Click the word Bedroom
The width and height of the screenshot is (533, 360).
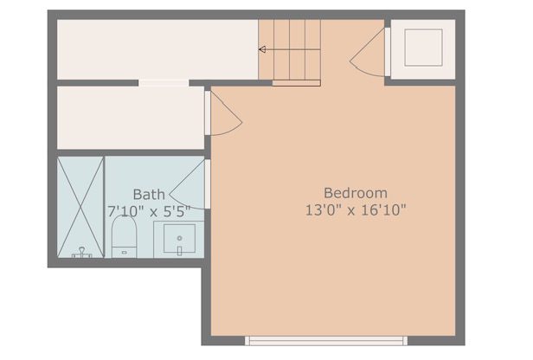pos(355,192)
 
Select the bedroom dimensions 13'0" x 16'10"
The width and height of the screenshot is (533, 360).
pos(355,209)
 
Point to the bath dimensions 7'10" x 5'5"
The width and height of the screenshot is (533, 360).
pos(149,210)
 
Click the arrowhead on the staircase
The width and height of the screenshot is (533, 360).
pos(262,49)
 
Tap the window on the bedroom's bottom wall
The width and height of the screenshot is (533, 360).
pos(325,340)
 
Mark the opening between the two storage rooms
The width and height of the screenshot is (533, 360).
pos(164,83)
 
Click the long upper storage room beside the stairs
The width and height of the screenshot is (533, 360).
pos(156,49)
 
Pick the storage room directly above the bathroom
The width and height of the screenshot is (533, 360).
pos(130,118)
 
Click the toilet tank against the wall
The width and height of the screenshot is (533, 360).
pos(125,253)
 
